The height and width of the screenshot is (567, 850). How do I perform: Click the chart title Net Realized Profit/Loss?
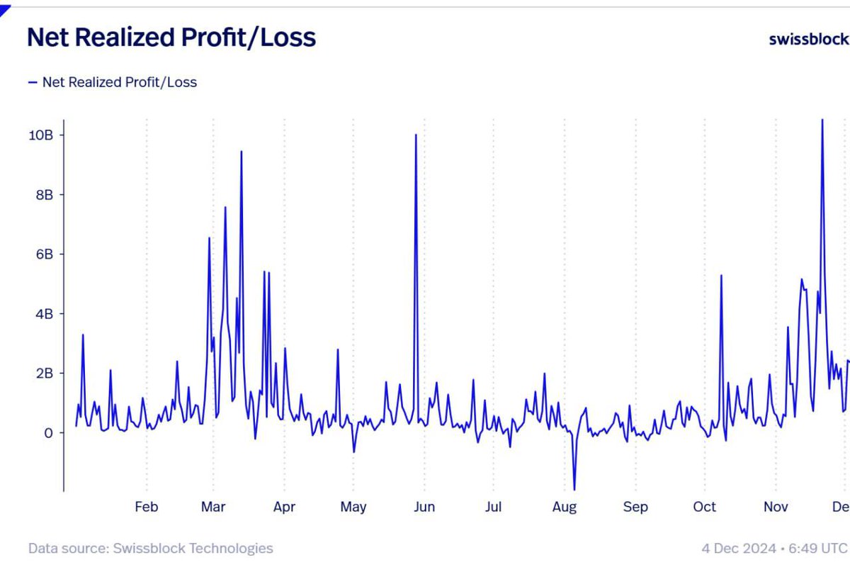coord(171,38)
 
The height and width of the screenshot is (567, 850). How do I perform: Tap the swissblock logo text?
coord(808,39)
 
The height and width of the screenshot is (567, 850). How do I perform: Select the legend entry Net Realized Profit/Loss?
coord(119,82)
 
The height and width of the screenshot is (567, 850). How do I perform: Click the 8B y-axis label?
coord(44,194)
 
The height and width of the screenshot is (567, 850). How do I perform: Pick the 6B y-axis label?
coord(44,254)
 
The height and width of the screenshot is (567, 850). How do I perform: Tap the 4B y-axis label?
coord(44,313)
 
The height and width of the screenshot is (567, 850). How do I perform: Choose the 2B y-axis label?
coord(44,373)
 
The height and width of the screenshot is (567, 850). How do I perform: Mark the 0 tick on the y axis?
coord(48,432)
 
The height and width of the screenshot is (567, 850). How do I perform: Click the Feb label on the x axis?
coord(146,507)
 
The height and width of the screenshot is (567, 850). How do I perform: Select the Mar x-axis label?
coord(213,507)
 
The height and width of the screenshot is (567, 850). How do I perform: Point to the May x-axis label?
coord(353,507)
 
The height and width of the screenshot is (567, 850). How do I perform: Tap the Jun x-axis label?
coord(424,507)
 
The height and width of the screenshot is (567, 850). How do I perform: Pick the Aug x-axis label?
coord(565,507)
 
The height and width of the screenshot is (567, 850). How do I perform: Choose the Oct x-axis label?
coord(705,507)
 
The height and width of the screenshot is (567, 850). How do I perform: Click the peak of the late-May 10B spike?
coord(416,135)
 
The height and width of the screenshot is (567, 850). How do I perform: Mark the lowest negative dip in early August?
coord(574,489)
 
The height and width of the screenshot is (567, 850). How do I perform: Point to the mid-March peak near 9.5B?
coord(241,152)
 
